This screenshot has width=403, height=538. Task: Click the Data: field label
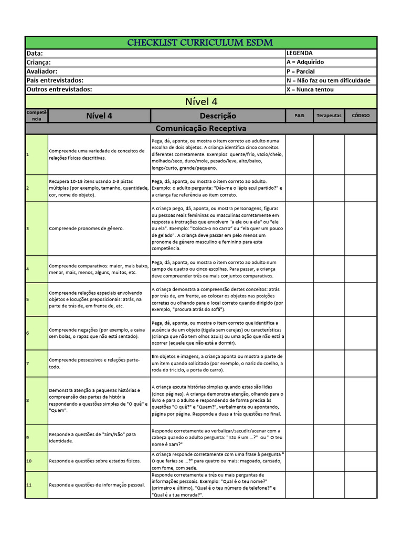(x=35, y=54)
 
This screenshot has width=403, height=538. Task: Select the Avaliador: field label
(x=42, y=71)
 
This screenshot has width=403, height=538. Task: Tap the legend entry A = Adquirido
(x=305, y=63)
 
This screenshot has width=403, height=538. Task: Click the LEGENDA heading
(x=300, y=54)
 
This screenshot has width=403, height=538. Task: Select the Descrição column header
(x=218, y=116)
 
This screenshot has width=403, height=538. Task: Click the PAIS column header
(x=299, y=116)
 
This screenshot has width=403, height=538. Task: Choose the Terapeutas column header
(x=329, y=116)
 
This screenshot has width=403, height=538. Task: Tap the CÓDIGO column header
(x=360, y=116)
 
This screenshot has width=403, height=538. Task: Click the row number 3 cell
(x=36, y=229)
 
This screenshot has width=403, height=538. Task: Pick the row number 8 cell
(x=36, y=400)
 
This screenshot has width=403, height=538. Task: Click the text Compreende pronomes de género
(x=87, y=229)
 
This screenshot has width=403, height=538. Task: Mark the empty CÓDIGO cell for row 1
(x=360, y=154)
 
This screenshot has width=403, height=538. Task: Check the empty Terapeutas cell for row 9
(x=329, y=438)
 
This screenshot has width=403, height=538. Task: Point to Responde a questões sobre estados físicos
(x=95, y=461)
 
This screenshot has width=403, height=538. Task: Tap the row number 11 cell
(x=36, y=485)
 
